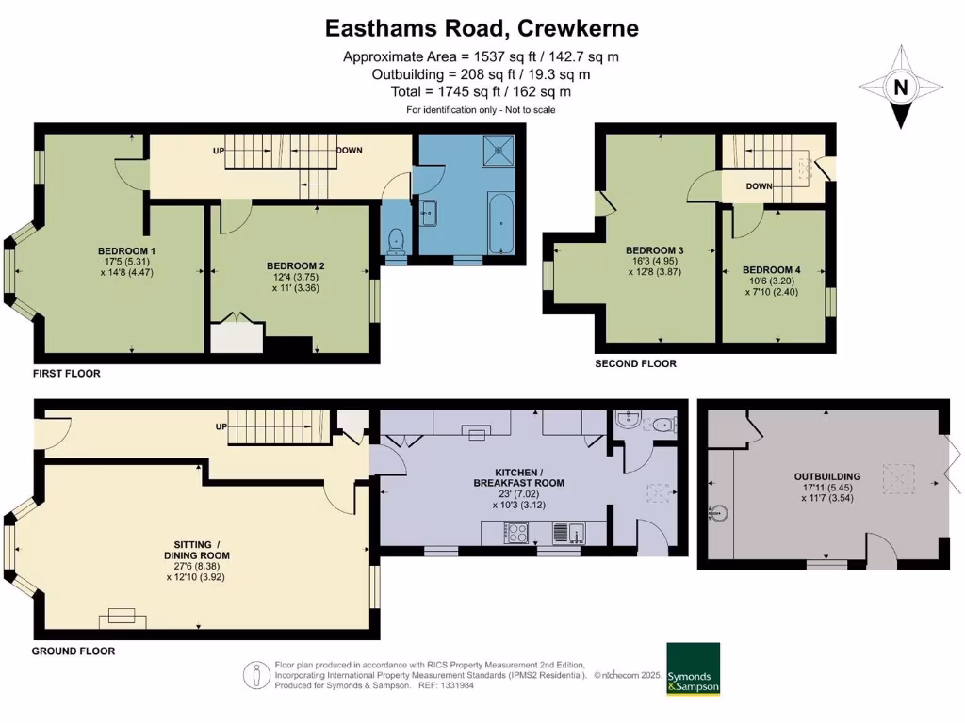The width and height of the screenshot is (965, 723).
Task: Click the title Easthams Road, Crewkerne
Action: [482, 28]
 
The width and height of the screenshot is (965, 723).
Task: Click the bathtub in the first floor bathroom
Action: [498, 222]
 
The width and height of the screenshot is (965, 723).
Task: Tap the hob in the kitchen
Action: [517, 534]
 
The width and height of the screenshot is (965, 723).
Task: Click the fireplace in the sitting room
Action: [122, 617]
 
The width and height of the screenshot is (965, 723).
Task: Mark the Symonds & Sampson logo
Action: [693, 669]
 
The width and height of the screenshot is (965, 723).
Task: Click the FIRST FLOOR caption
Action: [66, 374]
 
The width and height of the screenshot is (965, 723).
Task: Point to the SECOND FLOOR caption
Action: [634, 363]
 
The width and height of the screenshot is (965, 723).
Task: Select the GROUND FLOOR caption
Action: [74, 651]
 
